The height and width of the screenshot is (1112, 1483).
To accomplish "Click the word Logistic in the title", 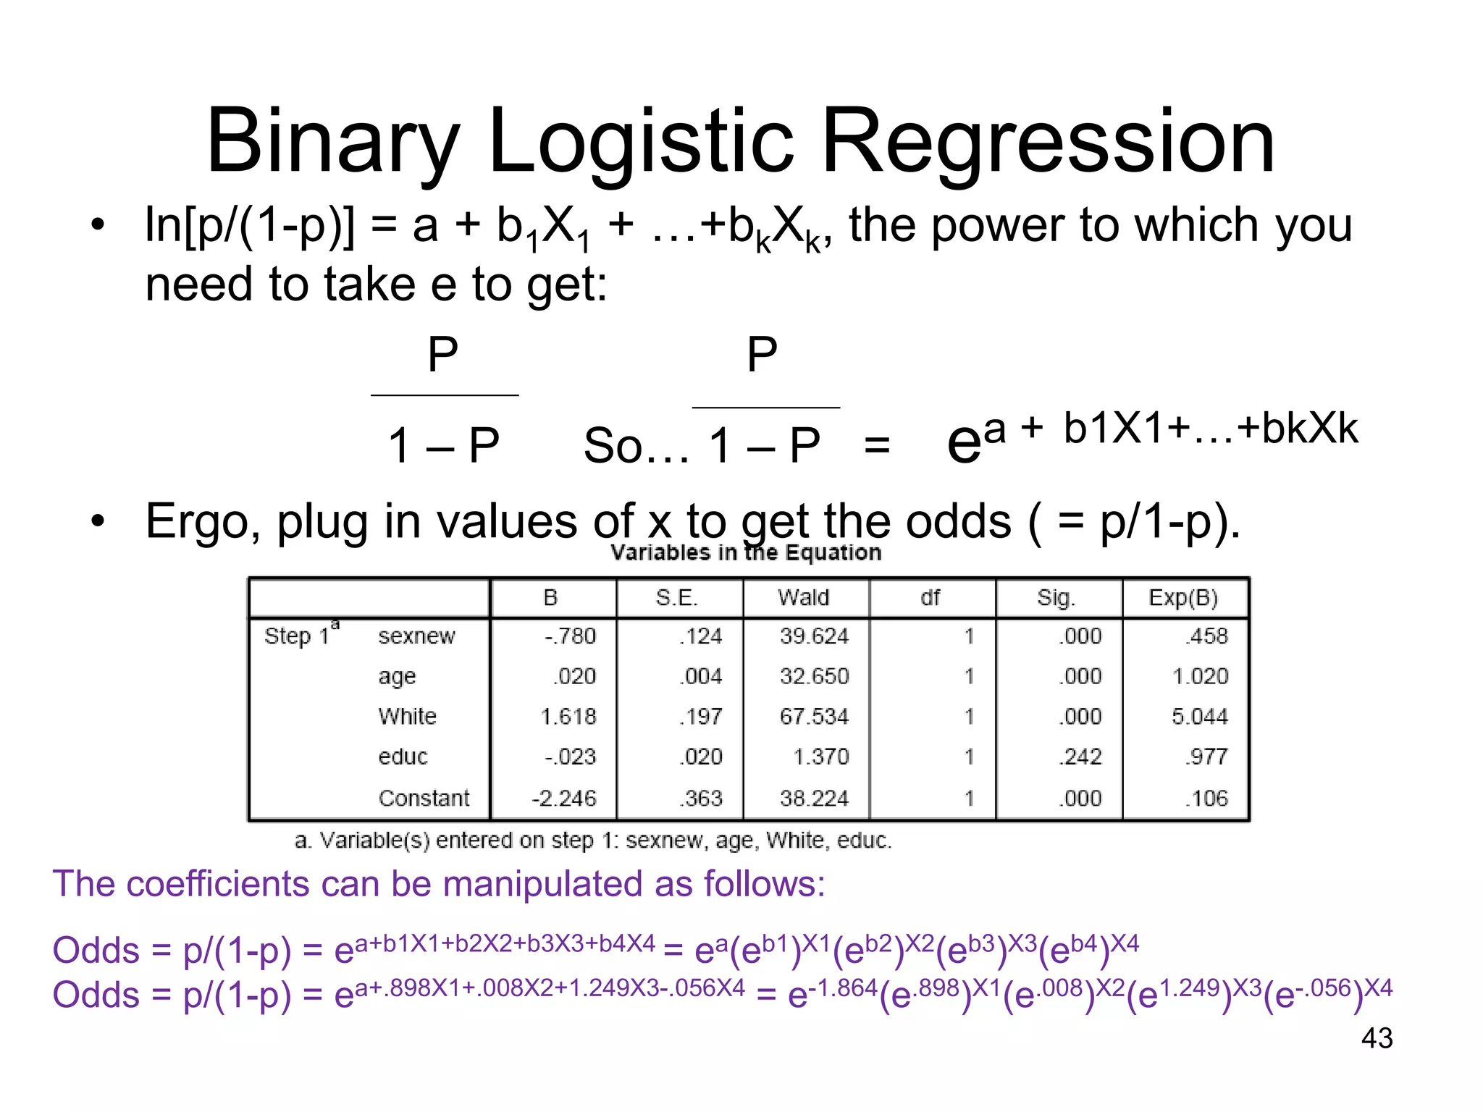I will coord(642,141).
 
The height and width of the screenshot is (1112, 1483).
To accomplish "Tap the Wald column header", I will coord(803,598).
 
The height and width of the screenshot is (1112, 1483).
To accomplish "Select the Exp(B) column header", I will coord(1183,598).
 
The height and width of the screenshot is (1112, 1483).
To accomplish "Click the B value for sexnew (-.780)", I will coord(570,636).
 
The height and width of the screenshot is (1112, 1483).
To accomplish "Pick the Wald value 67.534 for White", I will coord(814,717).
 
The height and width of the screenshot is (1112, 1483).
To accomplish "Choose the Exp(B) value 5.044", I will coord(1200,717).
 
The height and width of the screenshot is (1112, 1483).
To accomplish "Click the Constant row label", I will coord(424,798).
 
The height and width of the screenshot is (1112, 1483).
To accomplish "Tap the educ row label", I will coord(403,757).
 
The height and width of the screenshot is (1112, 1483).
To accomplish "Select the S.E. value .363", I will coord(701,798).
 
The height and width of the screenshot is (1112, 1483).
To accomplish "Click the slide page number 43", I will coord(1377,1038).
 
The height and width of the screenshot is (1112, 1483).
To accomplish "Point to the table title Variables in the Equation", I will coord(746,553).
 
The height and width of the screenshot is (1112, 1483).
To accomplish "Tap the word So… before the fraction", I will coord(636,446).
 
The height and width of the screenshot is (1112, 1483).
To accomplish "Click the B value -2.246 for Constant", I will coord(564,798).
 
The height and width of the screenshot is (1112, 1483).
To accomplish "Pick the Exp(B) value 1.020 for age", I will coord(1200,676).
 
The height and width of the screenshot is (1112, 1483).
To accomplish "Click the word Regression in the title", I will coord(1047,141).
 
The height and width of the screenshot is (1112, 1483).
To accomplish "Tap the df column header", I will coord(930,598).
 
